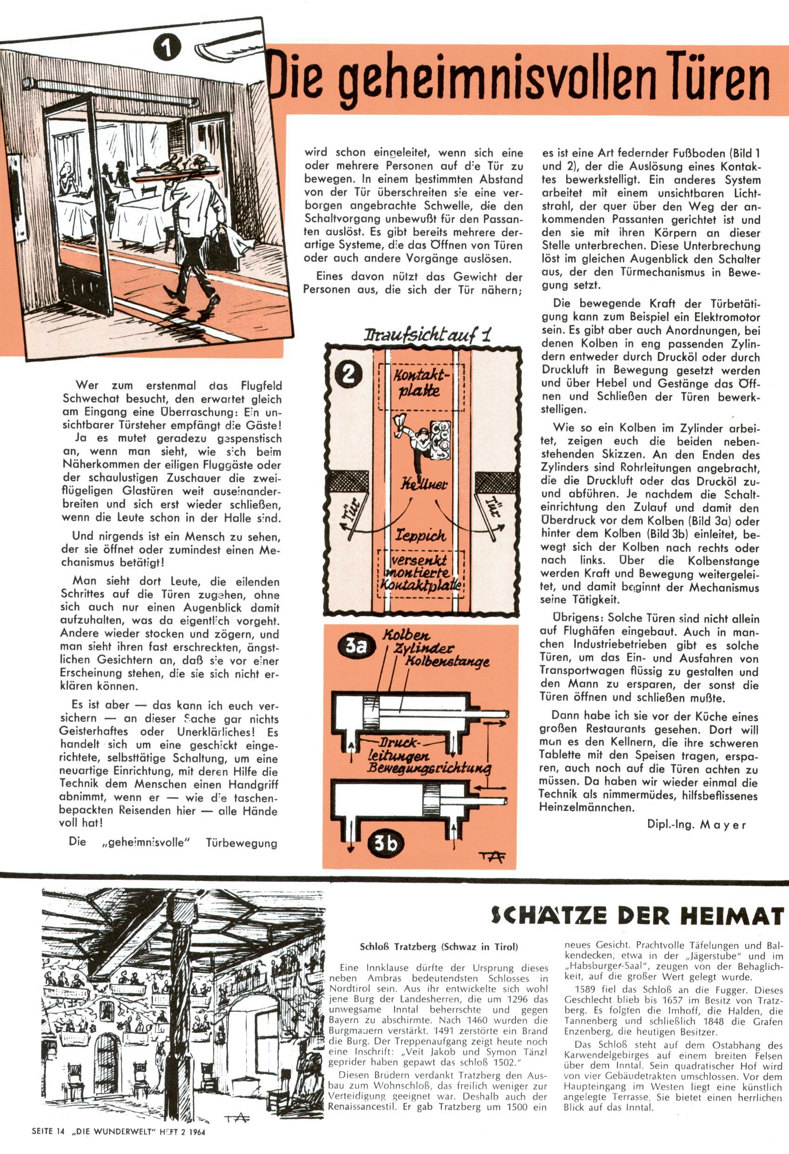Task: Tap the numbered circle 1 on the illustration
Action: (167, 48)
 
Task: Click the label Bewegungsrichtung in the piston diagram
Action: (428, 769)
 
